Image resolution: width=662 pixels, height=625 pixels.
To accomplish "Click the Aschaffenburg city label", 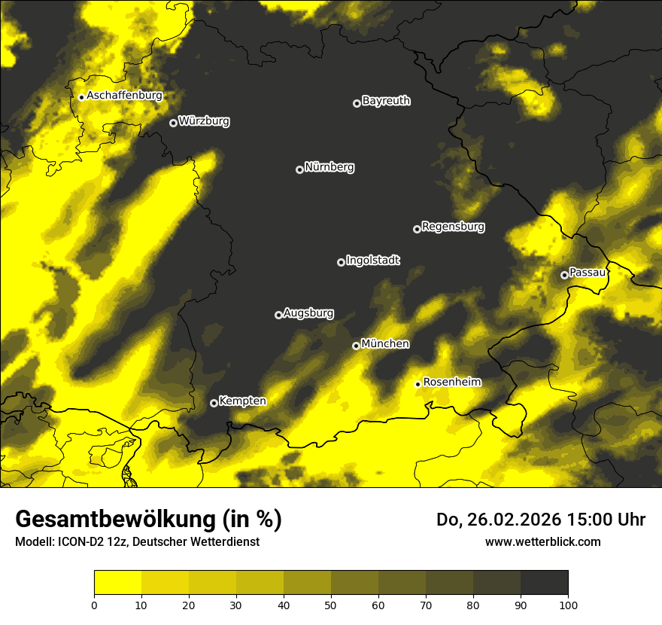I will pos(124,96).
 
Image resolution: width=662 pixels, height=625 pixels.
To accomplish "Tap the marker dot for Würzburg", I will pos(173,123).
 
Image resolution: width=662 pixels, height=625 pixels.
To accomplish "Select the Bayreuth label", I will pos(386,101).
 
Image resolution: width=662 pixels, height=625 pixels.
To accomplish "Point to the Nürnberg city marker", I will pos(299,169).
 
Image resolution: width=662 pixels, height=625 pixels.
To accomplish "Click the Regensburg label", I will pos(453,227).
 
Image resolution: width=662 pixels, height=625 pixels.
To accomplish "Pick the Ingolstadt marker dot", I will pos(341,262).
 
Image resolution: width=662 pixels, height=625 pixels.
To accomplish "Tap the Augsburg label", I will pos(308,313).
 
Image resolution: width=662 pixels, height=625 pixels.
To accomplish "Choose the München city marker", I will pos(356,346).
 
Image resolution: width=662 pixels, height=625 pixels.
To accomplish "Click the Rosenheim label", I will pos(452,383).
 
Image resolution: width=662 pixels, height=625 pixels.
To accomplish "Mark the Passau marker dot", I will pos(564,275).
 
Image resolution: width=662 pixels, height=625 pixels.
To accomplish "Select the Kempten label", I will pos(242,401).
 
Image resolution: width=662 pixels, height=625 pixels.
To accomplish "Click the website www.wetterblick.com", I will pos(542,541).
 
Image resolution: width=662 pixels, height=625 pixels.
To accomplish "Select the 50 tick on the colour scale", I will pos(331,604).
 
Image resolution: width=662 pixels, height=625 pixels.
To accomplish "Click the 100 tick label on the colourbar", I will pos(567,604).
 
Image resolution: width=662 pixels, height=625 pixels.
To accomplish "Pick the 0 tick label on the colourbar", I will pos(94,604).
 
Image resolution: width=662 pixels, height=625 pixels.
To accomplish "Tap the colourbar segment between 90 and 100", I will pos(544,583).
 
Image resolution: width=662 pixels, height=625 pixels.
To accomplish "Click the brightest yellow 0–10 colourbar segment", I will pos(117,583).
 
